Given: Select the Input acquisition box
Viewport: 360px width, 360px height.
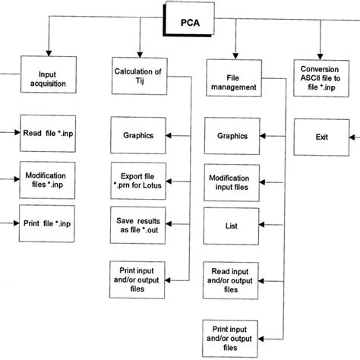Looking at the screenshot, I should click(46, 80).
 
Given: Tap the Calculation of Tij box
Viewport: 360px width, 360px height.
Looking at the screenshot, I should click(137, 77).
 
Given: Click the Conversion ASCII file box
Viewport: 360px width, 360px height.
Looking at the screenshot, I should click(321, 77).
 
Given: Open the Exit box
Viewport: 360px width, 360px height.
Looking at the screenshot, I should click(320, 137).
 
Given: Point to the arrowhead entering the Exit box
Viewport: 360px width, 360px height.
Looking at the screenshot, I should click(351, 137).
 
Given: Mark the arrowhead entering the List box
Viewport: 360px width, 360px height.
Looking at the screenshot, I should click(262, 226).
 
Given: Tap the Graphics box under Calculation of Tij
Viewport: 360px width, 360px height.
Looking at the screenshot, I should click(137, 136).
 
